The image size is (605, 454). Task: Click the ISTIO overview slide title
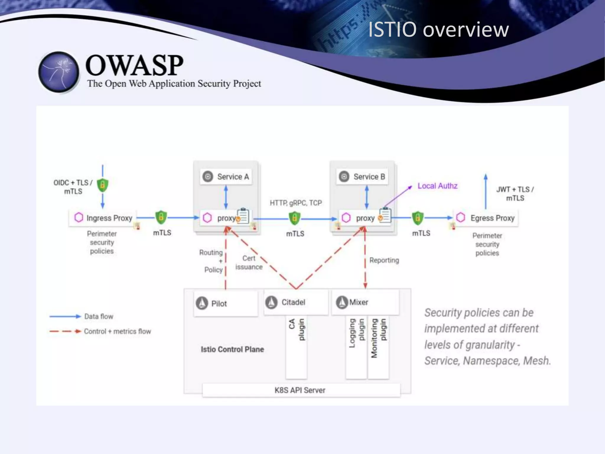click(438, 30)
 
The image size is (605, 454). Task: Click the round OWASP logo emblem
click(59, 72)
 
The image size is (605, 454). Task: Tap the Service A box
click(226, 177)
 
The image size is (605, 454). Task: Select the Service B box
click(362, 177)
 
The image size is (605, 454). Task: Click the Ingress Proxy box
click(103, 218)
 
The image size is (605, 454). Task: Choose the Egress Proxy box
click(486, 218)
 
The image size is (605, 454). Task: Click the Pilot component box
click(226, 304)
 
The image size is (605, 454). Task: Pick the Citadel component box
click(296, 302)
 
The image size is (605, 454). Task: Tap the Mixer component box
click(365, 302)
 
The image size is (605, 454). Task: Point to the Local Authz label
click(437, 186)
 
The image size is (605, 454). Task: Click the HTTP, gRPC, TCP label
click(296, 203)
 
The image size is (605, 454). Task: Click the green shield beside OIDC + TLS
click(103, 185)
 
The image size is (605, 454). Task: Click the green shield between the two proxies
click(295, 218)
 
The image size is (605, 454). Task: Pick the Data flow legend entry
click(99, 317)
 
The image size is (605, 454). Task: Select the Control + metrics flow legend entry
click(117, 331)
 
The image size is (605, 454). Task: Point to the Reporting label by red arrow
click(384, 260)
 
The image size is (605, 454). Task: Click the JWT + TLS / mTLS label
click(515, 194)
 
